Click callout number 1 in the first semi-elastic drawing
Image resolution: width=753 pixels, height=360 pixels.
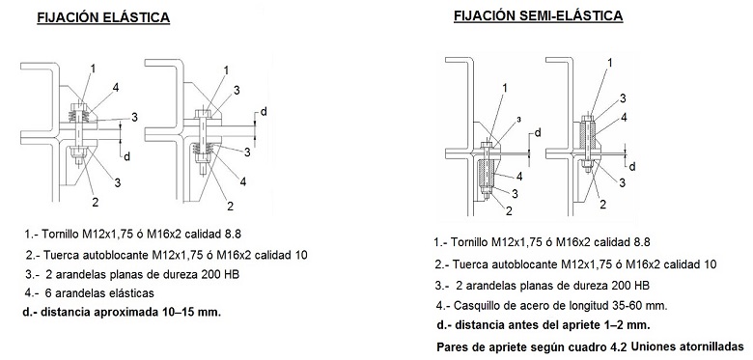pyautogui.click(x=504, y=88)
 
